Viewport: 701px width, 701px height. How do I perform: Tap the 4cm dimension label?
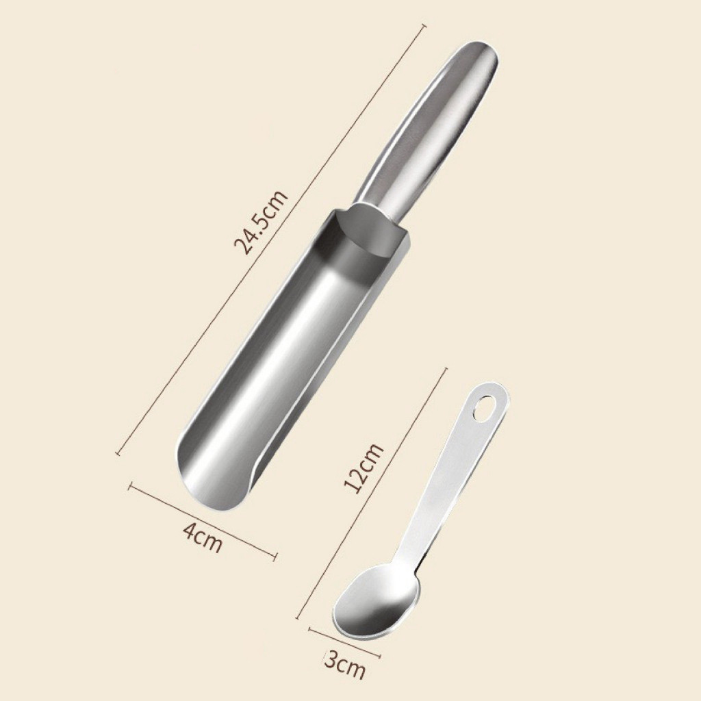[203, 538]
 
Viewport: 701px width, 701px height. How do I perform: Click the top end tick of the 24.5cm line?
[421, 27]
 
